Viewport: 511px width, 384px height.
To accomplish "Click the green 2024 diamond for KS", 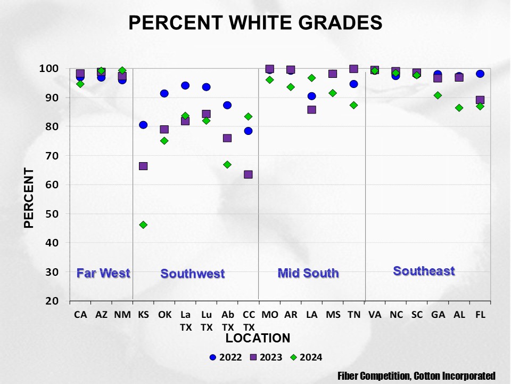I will [143, 225].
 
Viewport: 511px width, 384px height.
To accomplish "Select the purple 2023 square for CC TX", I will [248, 174].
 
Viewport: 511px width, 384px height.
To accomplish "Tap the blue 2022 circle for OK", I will [164, 93].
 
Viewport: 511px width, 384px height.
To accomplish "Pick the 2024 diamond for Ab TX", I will [227, 164].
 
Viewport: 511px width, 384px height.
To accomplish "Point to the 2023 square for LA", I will [311, 109].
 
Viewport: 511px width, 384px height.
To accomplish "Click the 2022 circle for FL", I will [480, 74].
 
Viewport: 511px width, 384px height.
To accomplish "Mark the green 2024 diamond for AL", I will [459, 108].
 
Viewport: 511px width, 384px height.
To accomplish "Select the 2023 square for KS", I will [143, 166].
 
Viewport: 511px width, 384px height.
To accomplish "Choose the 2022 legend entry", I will [226, 357].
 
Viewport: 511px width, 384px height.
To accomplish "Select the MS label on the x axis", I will [332, 315].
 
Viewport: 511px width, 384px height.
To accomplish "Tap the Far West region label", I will [103, 273].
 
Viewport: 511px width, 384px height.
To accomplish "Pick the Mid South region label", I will [308, 273].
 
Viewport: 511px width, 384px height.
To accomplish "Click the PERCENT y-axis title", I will [29, 198].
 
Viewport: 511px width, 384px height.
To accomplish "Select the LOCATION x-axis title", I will [258, 338].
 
